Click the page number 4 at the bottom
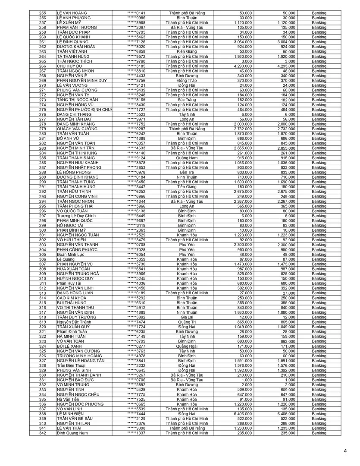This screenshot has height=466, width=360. click(x=345, y=451)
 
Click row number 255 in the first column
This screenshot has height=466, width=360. click(x=42, y=13)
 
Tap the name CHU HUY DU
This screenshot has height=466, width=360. click(x=69, y=66)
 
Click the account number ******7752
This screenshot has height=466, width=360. click(x=136, y=124)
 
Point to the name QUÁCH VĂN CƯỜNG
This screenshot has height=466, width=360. click(x=77, y=129)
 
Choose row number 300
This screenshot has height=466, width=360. click(x=42, y=230)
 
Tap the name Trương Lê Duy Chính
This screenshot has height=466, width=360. click(x=76, y=216)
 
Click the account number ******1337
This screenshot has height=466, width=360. click(x=136, y=433)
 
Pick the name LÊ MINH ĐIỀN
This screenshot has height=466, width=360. click(x=71, y=413)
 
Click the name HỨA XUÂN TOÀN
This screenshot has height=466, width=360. click(x=72, y=269)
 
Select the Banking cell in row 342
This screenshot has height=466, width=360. click(x=319, y=433)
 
